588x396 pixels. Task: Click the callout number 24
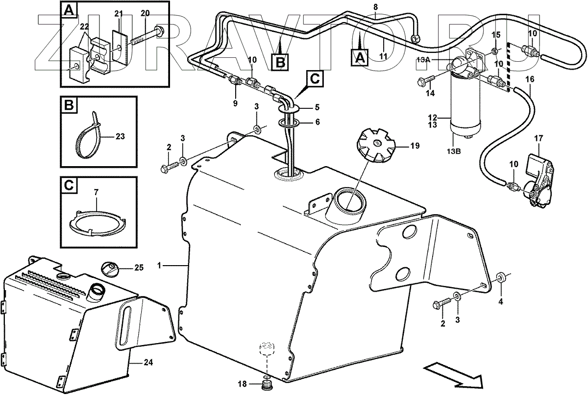click(148, 363)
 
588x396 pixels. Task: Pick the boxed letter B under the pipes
click(280, 61)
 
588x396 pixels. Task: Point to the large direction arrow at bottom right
click(453, 372)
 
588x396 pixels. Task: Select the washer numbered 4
click(501, 278)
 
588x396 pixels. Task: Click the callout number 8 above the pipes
click(375, 7)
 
